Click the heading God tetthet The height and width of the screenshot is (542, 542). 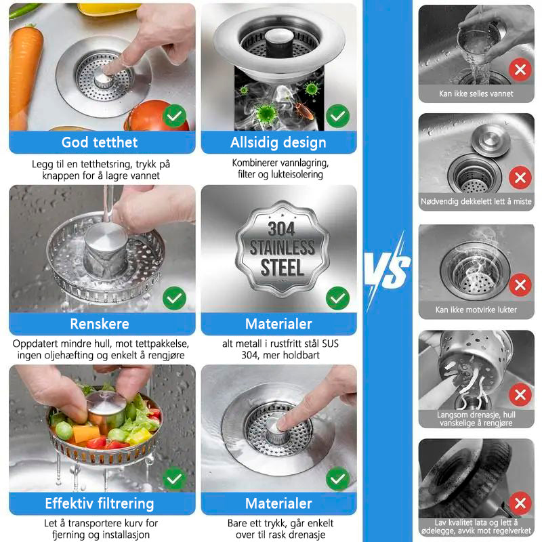(100, 142)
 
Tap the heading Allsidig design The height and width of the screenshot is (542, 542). (278, 142)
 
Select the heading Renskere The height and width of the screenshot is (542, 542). (100, 324)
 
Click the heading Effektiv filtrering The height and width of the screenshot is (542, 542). (100, 503)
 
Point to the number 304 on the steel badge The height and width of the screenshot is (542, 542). (281, 229)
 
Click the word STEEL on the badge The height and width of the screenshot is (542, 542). (282, 268)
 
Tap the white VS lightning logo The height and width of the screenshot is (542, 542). (387, 270)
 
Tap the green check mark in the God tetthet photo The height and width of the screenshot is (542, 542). (174, 116)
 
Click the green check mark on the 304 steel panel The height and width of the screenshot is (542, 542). (337, 298)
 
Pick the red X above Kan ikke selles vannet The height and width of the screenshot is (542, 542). (520, 70)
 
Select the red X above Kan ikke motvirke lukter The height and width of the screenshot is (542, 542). (520, 285)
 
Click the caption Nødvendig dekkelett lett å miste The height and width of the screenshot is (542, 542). (476, 201)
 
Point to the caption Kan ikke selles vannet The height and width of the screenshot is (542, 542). (476, 93)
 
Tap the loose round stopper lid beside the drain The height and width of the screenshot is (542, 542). (491, 140)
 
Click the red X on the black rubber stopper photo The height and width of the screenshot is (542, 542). (520, 503)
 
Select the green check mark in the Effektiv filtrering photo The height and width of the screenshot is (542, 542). (174, 478)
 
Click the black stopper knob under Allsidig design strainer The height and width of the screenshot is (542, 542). (279, 43)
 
